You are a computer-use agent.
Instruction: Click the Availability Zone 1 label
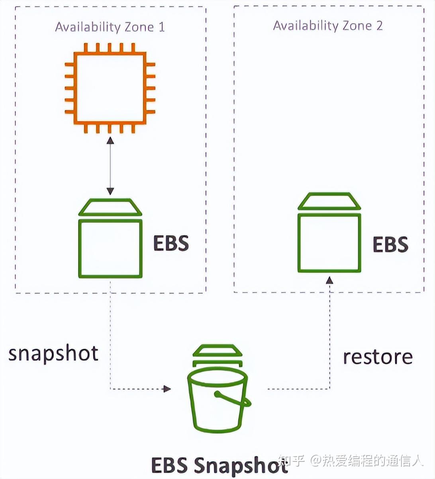click(x=110, y=27)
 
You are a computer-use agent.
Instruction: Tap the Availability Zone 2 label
click(x=327, y=26)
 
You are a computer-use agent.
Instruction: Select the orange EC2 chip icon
click(x=110, y=88)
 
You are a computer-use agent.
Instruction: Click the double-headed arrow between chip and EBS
click(x=110, y=166)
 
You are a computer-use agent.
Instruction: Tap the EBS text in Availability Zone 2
click(x=390, y=245)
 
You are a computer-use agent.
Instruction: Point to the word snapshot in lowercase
click(x=53, y=353)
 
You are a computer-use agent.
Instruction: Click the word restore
click(x=378, y=357)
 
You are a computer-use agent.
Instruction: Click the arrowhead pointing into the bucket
click(x=167, y=389)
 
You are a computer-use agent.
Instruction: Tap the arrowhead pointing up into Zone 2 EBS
click(x=329, y=281)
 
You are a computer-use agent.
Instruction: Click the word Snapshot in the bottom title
click(x=241, y=465)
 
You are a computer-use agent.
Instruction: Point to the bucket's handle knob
click(x=217, y=395)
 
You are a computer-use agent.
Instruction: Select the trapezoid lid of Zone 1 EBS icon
click(x=110, y=208)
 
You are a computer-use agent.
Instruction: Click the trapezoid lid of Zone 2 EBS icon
click(x=329, y=201)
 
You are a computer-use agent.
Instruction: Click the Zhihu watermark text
click(x=351, y=461)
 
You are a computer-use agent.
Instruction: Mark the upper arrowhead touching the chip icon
click(x=110, y=140)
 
